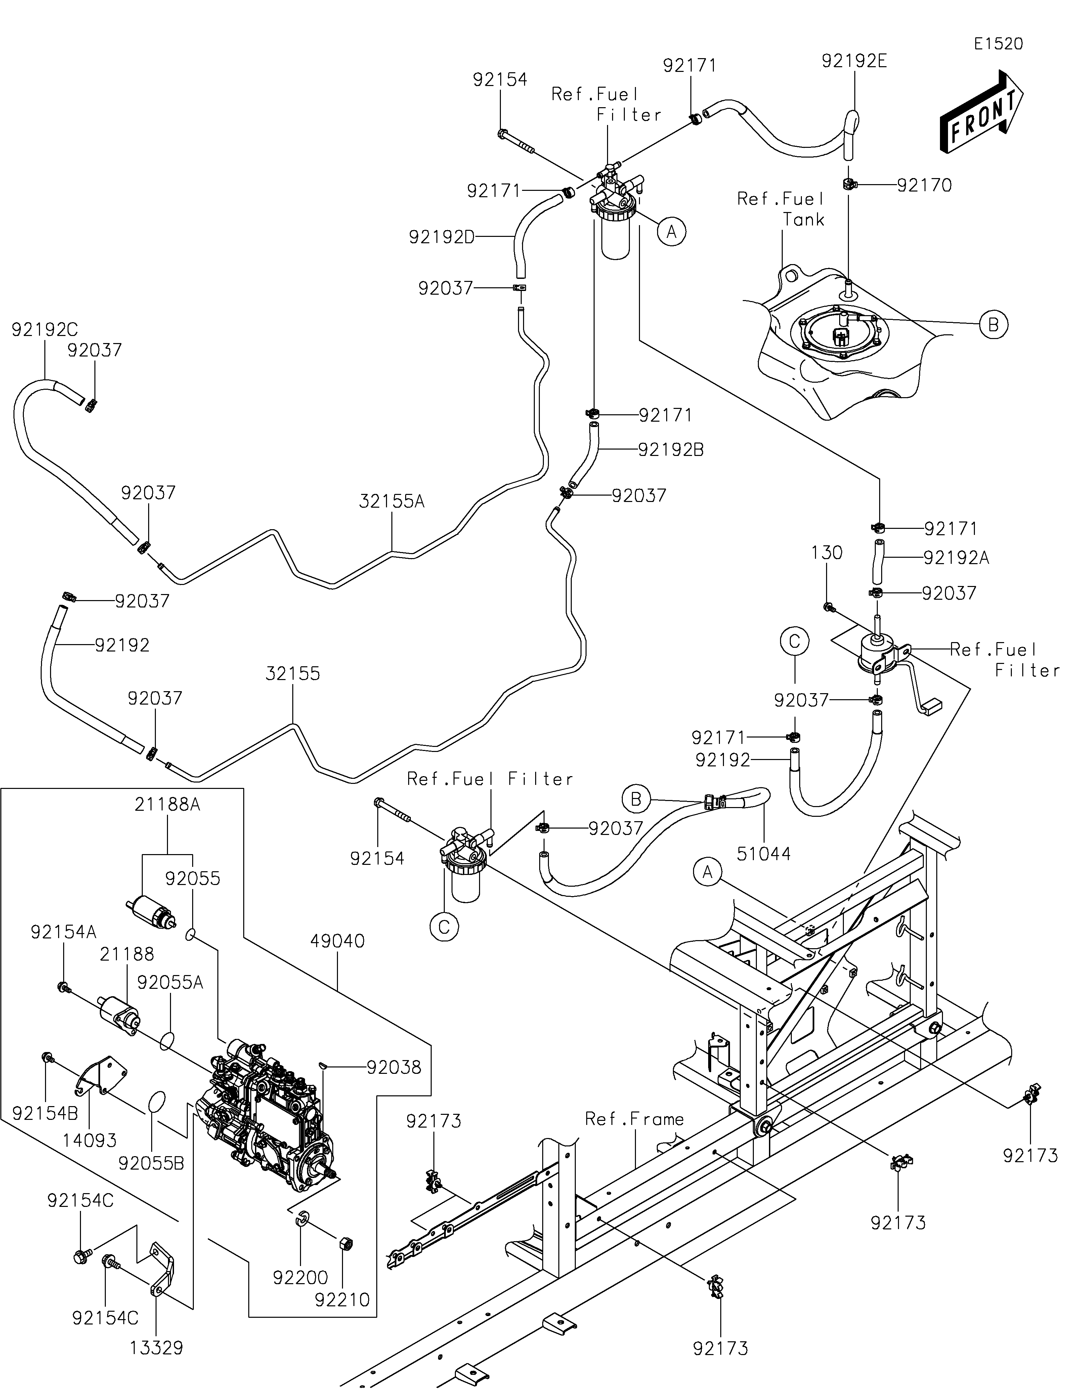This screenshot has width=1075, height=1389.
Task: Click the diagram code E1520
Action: tap(998, 44)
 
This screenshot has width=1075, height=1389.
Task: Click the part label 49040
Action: tap(338, 941)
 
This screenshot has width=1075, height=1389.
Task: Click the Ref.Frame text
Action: tap(635, 1119)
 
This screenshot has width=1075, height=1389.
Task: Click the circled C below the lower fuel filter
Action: tap(444, 927)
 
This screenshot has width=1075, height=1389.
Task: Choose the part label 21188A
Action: tap(167, 804)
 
